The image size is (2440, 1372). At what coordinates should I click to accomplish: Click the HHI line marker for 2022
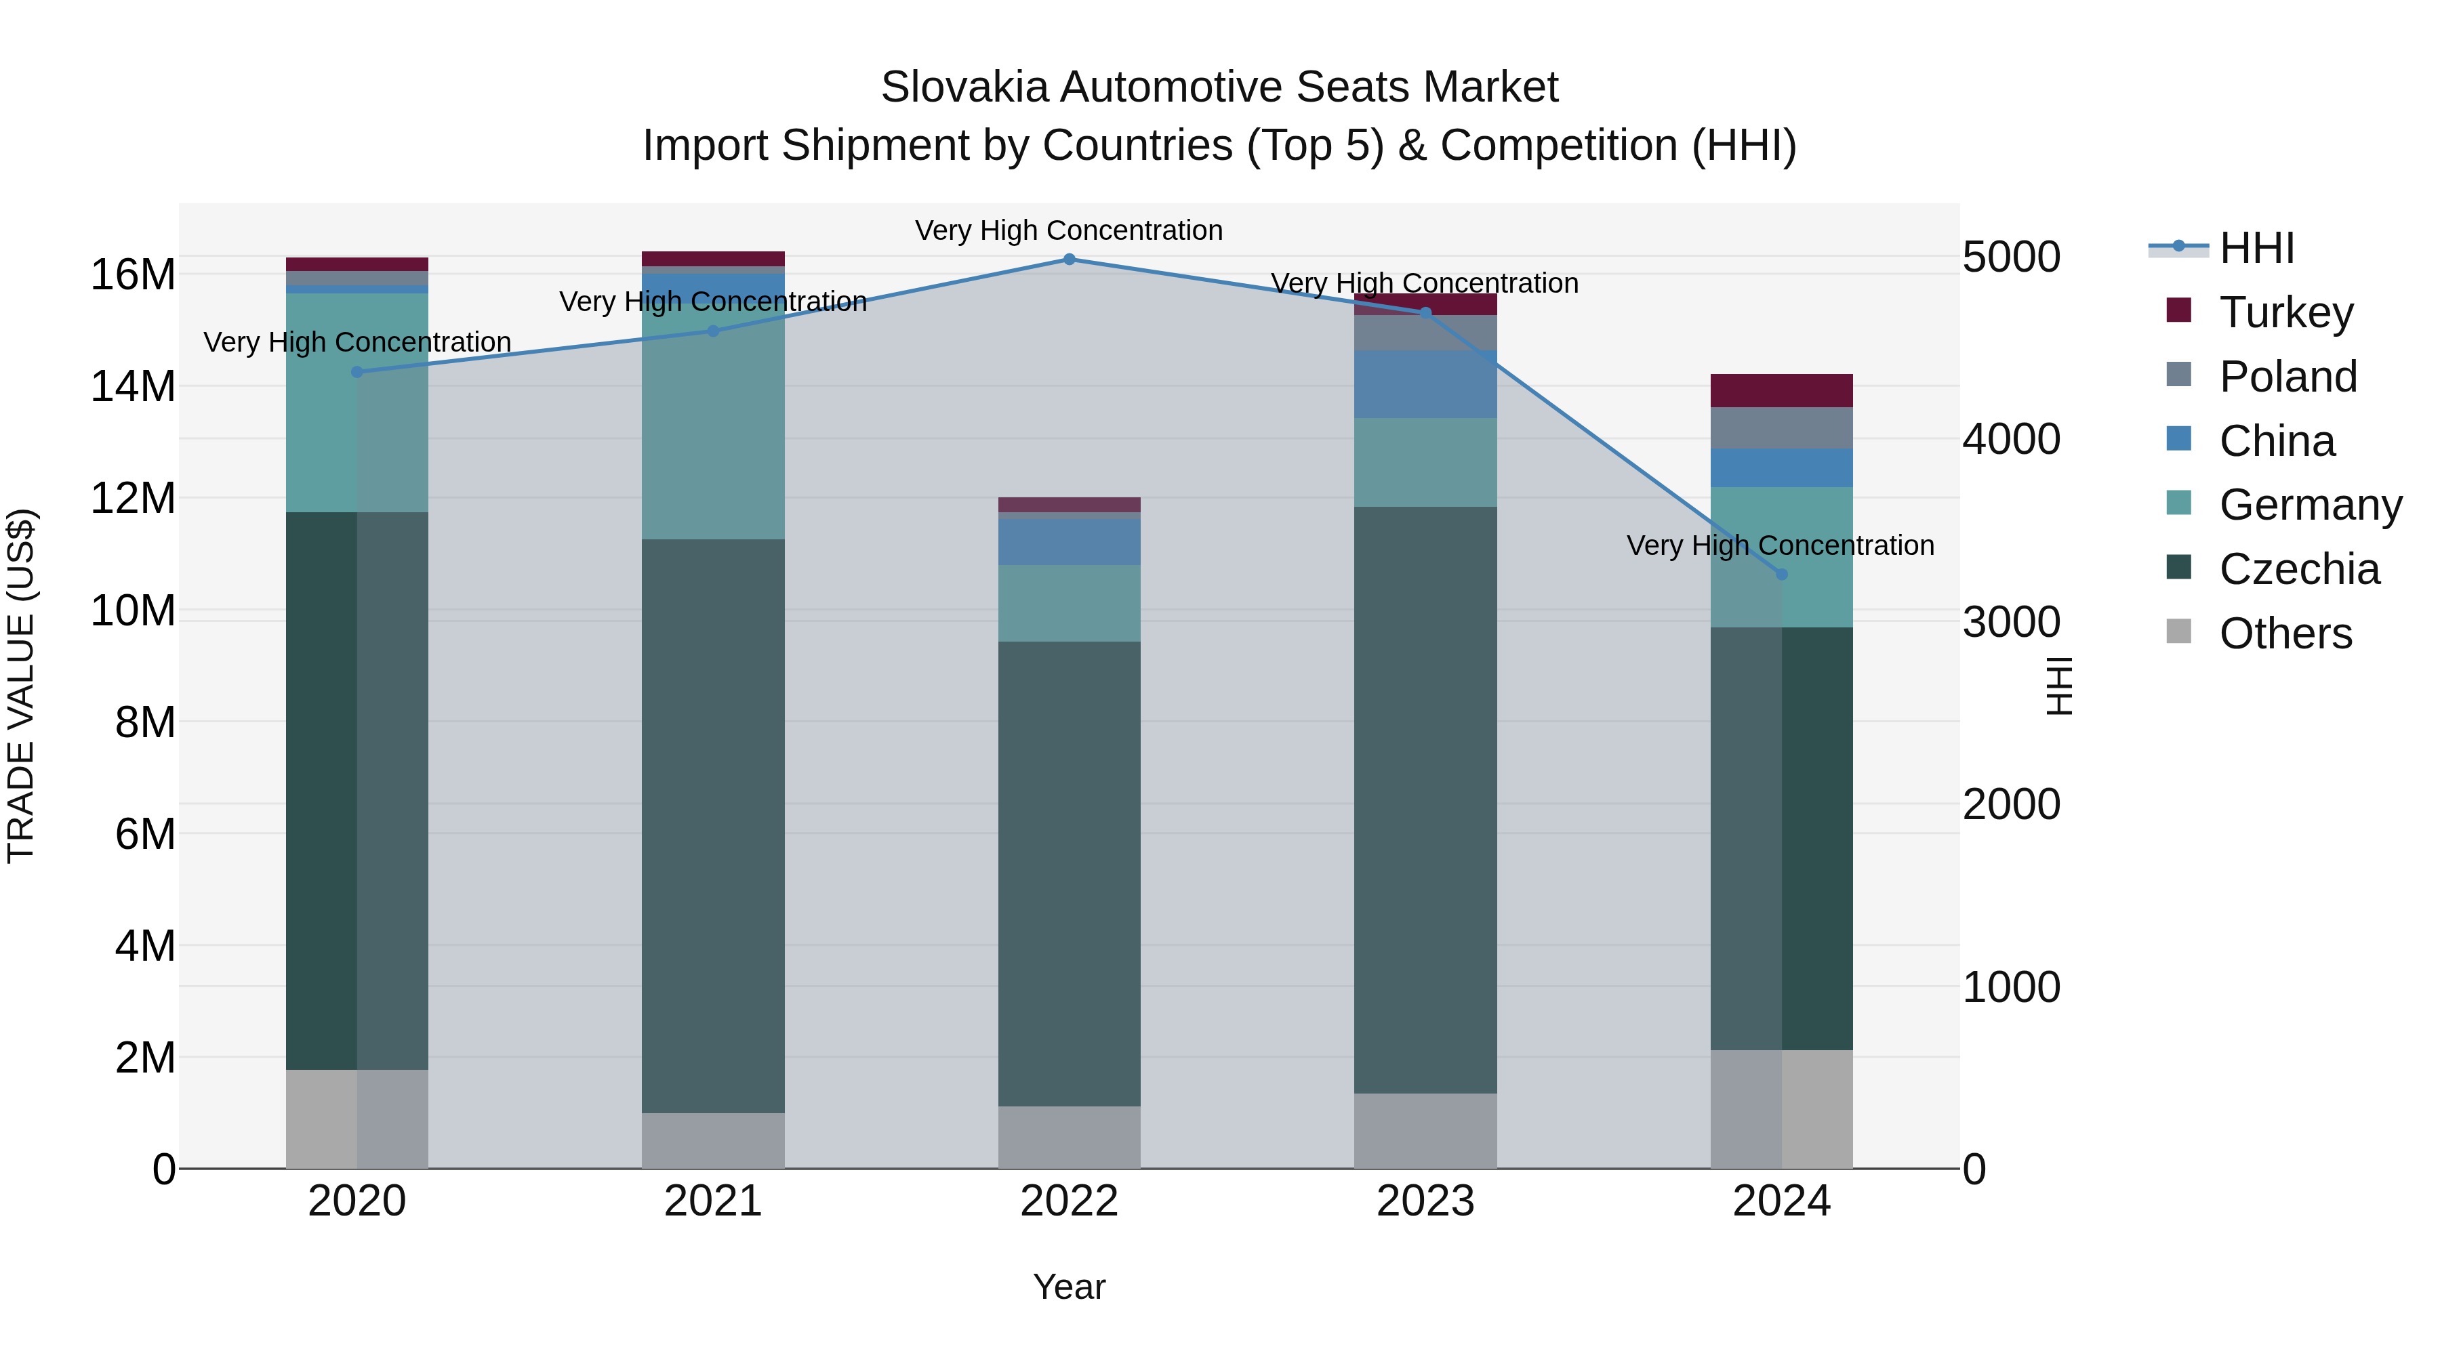click(x=1070, y=259)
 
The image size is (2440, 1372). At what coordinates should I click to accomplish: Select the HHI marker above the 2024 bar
click(x=1781, y=574)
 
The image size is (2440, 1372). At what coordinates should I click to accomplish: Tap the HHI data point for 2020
click(x=357, y=372)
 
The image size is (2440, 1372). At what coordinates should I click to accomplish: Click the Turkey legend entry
click(x=2285, y=312)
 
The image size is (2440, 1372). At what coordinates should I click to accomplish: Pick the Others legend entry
click(x=2285, y=633)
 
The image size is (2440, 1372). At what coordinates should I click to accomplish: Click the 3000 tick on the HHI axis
click(x=2011, y=622)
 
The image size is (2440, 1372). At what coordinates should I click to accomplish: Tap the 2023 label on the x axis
click(x=1425, y=1201)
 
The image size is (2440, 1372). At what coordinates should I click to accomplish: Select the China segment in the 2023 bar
click(x=1425, y=384)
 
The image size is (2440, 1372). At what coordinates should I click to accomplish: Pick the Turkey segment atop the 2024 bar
click(x=1781, y=390)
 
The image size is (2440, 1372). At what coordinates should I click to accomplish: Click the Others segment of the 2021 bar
click(x=713, y=1140)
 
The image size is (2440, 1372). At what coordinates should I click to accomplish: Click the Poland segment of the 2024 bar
click(x=1781, y=428)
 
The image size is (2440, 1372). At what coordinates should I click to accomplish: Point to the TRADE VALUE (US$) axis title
click(x=21, y=686)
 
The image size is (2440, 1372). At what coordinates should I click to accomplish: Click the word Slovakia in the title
click(x=964, y=87)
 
